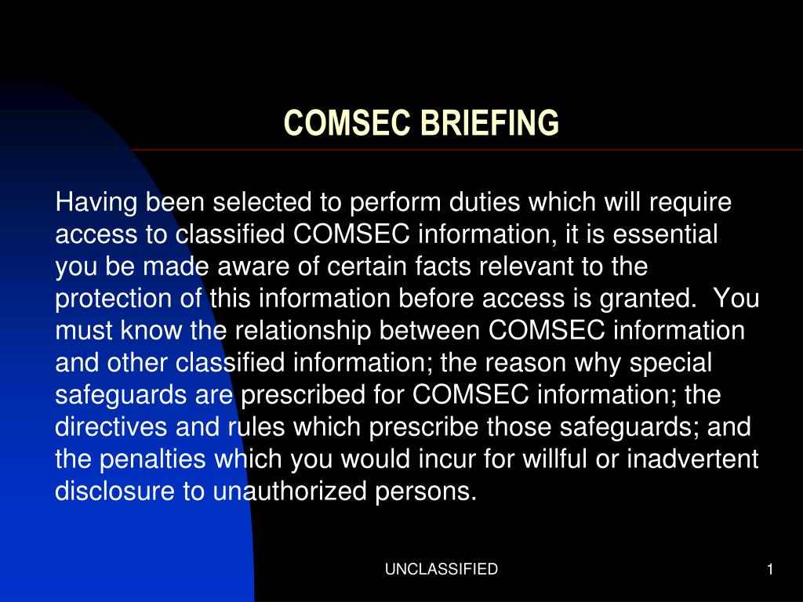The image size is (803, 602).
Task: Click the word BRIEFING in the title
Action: click(490, 123)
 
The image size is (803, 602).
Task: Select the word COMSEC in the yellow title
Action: click(348, 123)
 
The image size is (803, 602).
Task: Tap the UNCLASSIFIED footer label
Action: click(441, 569)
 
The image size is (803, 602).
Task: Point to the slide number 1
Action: click(770, 569)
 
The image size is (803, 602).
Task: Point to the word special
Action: click(675, 363)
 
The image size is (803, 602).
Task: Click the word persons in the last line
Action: click(431, 491)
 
